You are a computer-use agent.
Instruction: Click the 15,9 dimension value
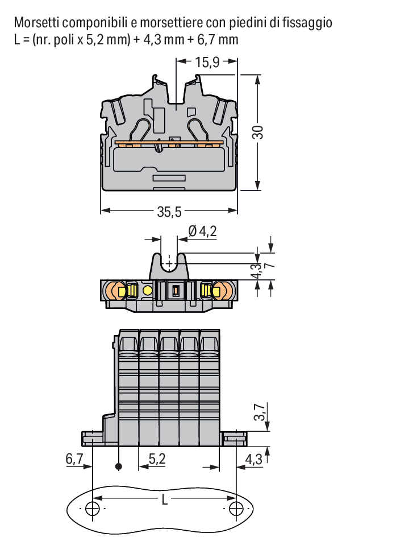[207, 63]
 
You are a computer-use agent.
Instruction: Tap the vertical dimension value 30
[258, 132]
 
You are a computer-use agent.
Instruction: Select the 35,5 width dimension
[169, 212]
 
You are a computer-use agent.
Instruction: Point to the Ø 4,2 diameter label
[203, 231]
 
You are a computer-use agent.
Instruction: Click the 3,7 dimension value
[260, 412]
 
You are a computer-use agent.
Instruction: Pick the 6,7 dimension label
[74, 459]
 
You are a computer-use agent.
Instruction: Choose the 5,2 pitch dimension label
[157, 459]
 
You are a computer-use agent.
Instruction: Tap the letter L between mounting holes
[165, 499]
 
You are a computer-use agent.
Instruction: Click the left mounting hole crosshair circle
[93, 508]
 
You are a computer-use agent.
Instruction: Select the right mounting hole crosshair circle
[236, 508]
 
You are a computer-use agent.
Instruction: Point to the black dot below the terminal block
[119, 466]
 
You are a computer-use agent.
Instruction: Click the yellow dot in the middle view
[148, 290]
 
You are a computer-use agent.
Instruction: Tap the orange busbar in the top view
[169, 142]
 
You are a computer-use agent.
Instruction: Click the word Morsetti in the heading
[37, 23]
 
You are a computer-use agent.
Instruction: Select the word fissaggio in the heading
[307, 23]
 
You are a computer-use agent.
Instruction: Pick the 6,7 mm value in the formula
[218, 40]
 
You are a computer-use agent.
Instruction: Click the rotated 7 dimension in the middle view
[270, 265]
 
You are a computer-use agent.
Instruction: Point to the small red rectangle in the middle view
[176, 291]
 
